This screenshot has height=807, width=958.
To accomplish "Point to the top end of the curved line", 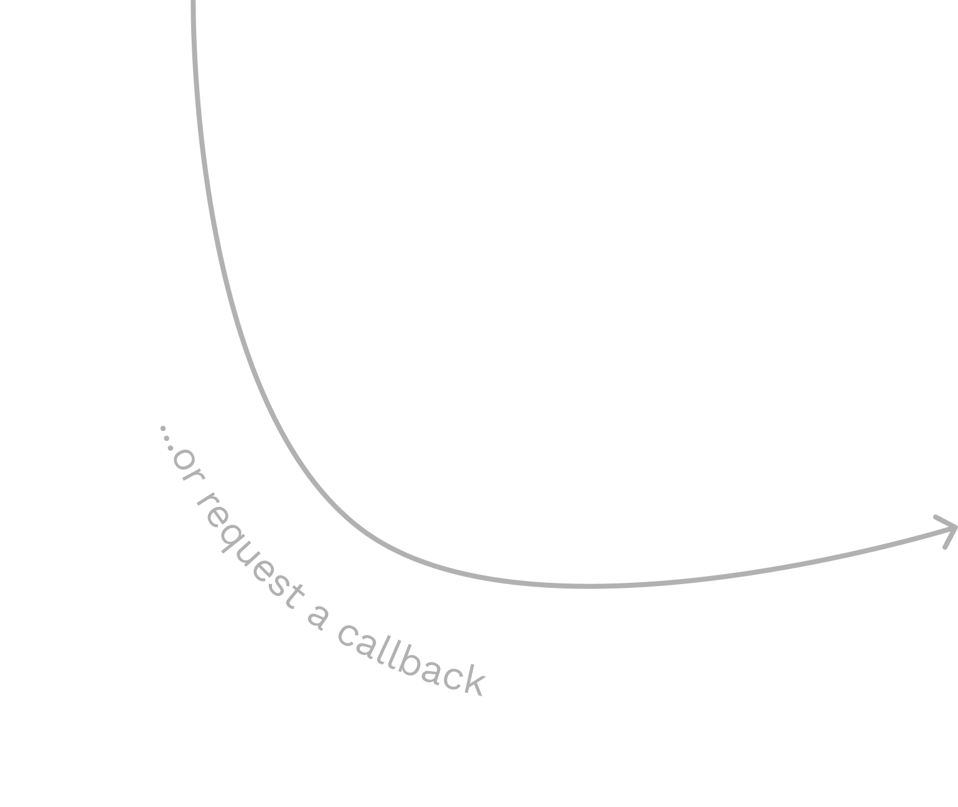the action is coord(194,3).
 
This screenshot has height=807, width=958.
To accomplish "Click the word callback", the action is coord(411,663).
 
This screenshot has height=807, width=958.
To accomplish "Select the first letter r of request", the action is coord(202,501).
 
